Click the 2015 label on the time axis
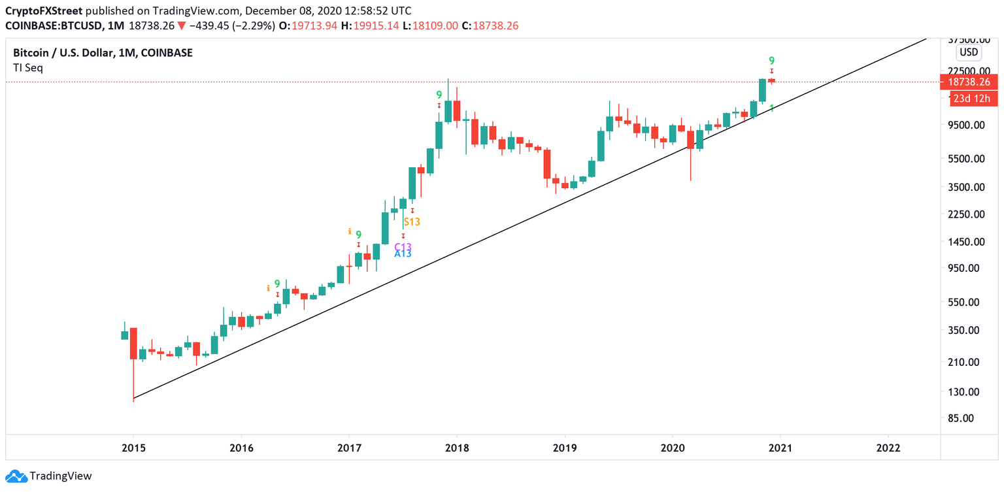click(x=133, y=448)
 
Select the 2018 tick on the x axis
click(x=456, y=448)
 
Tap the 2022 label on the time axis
click(x=888, y=448)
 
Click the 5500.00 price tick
click(x=970, y=158)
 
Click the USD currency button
click(x=968, y=52)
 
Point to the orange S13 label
click(x=412, y=221)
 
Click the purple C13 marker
click(x=403, y=247)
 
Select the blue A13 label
click(x=403, y=254)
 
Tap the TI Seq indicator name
click(x=28, y=67)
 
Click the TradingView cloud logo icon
click(x=16, y=476)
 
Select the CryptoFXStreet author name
click(x=43, y=11)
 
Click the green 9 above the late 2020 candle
click(x=772, y=61)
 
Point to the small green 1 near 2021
click(x=772, y=108)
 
